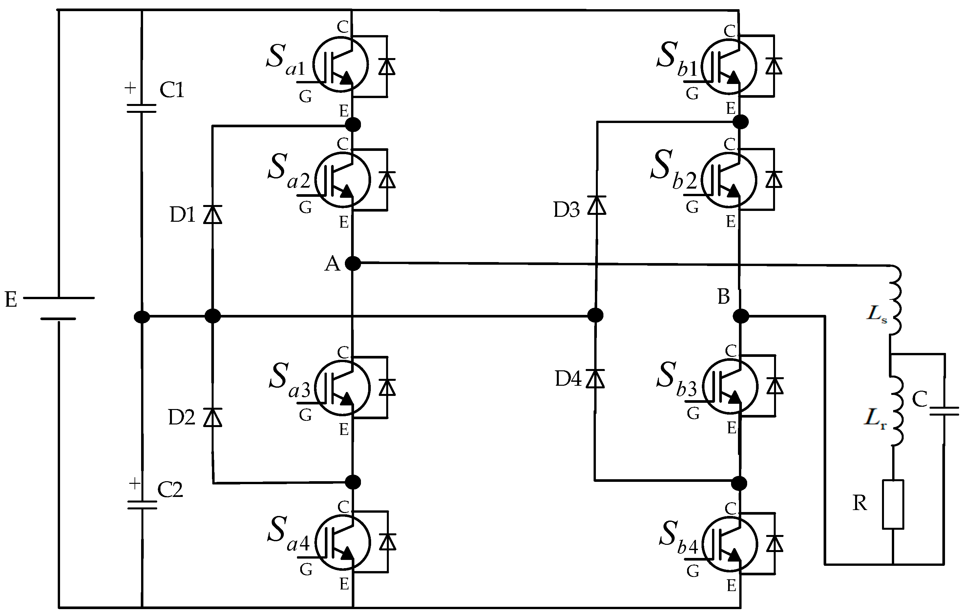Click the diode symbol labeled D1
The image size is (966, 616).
point(213,214)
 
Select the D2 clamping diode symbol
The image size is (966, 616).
point(213,417)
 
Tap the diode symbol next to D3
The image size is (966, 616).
point(597,205)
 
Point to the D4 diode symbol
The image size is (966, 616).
point(595,379)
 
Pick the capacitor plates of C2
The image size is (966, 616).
point(142,505)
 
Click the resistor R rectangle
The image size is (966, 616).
point(893,504)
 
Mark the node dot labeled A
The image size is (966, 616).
point(353,263)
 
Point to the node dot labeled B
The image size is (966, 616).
point(741,316)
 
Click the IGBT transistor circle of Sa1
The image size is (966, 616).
point(340,65)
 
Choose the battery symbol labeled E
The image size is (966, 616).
point(58,308)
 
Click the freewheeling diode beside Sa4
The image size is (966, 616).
point(387,542)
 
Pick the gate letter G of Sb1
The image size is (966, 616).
point(692,93)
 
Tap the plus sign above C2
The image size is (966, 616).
point(135,484)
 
